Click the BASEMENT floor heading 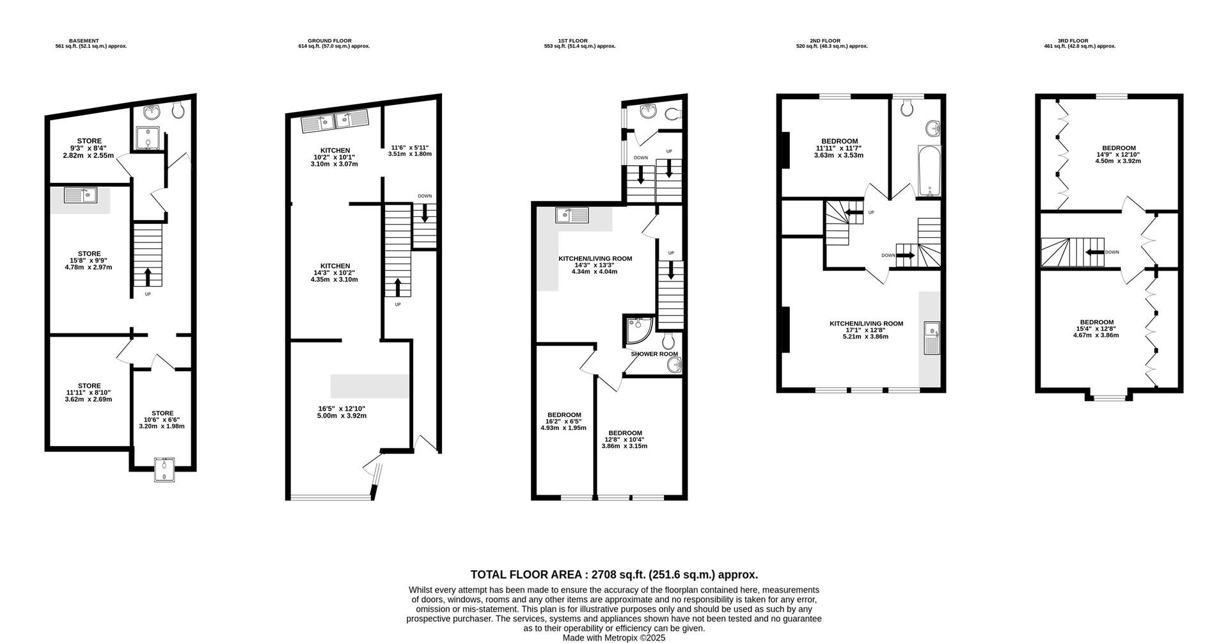(x=84, y=41)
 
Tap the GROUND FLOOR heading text (x=329, y=41)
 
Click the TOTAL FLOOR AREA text (x=614, y=575)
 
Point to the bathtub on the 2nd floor (x=929, y=170)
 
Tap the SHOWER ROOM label (x=654, y=354)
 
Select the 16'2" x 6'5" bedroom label (x=563, y=422)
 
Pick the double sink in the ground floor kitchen (x=335, y=122)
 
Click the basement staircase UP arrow (x=148, y=276)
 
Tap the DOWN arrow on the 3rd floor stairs (x=1094, y=252)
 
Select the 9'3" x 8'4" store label (x=90, y=148)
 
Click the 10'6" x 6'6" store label (x=162, y=420)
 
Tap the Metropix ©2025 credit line (x=614, y=638)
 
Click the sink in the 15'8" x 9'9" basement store (x=80, y=196)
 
